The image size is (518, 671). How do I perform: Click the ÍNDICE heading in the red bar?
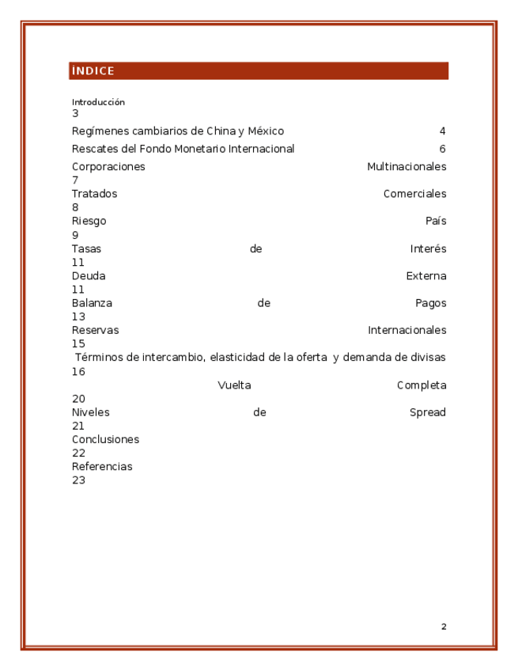coord(93,71)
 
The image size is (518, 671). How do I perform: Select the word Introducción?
coord(98,102)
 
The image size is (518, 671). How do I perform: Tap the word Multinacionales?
coord(406,167)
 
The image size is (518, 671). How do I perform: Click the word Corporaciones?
coord(108,167)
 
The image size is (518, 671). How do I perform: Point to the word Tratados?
coord(94,194)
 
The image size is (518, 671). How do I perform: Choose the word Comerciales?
coord(414,194)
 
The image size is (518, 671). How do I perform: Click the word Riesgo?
coord(89,222)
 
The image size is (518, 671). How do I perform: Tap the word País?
coord(436,222)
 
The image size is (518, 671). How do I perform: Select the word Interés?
coord(428,249)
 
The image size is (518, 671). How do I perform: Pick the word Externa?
coord(426,276)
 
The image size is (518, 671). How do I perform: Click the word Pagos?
coord(430,303)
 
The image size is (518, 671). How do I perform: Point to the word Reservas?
coord(95,330)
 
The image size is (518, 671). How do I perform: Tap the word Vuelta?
coord(234,385)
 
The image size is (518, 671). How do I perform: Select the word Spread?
coord(428,412)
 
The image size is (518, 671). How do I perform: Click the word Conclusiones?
coord(105,439)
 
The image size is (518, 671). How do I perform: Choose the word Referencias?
coord(102,467)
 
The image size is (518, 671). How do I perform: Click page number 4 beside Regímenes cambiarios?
coord(443,131)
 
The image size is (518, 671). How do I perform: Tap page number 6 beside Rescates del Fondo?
coord(443,149)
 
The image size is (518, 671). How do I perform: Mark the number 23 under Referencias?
coord(78,480)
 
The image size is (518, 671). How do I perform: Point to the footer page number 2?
coord(444,627)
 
